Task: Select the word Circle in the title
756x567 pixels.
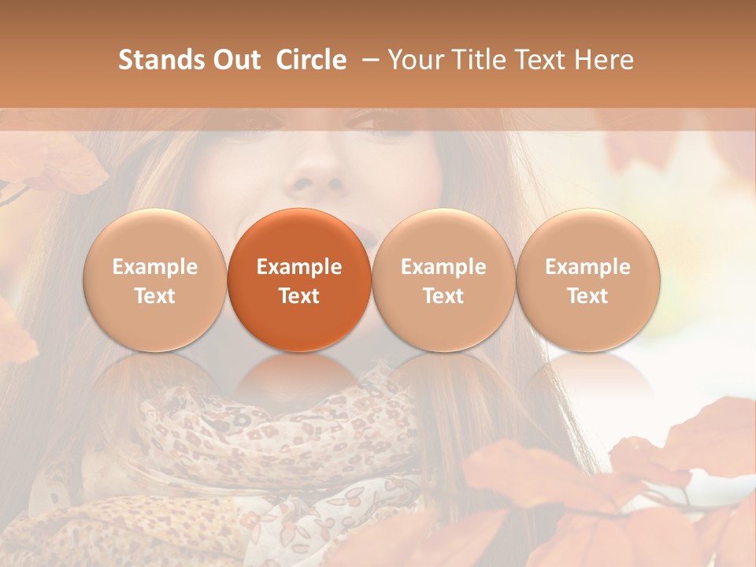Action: [x=311, y=60]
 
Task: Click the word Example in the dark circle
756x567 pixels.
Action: [x=299, y=267]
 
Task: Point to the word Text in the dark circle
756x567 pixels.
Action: [x=299, y=296]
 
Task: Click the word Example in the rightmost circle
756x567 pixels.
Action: [x=587, y=267]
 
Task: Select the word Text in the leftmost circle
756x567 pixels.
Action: [x=155, y=296]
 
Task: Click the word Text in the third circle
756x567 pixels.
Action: [x=443, y=296]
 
